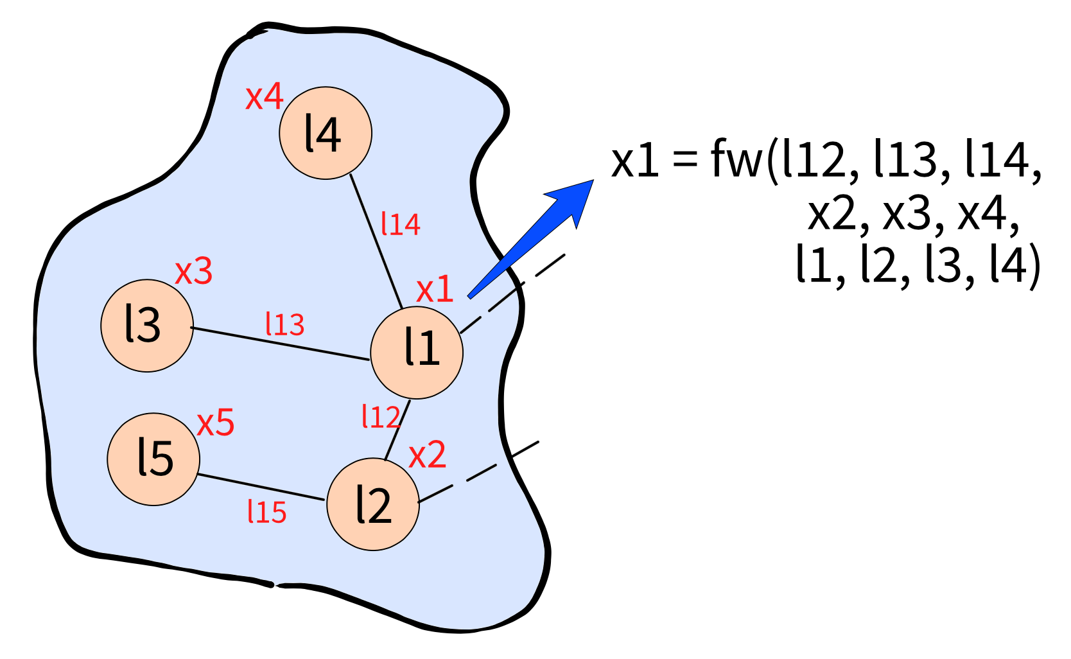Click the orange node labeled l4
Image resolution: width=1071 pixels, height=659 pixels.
[x=326, y=133]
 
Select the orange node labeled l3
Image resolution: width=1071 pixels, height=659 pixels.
[x=147, y=326]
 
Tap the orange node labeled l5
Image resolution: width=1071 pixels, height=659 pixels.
[x=153, y=459]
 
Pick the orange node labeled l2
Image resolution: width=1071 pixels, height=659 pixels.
[x=373, y=505]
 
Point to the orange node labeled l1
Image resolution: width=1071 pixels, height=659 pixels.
[x=417, y=353]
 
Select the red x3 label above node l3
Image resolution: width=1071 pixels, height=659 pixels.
[x=194, y=271]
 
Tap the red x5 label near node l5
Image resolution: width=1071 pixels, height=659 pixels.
[x=216, y=423]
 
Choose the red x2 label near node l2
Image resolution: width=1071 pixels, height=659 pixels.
[x=428, y=454]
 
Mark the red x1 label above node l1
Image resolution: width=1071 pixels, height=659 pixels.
[x=435, y=289]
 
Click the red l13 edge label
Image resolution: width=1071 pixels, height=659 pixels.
[x=285, y=324]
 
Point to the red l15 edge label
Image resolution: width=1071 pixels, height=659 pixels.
[x=267, y=511]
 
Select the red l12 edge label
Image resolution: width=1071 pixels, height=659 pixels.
[x=381, y=416]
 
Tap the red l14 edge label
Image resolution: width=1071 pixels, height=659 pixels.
[x=401, y=224]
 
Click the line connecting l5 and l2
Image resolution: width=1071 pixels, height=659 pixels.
[x=261, y=488]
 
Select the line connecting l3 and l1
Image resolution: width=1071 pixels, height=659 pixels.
[x=280, y=344]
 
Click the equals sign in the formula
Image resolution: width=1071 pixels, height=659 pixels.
[x=684, y=157]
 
